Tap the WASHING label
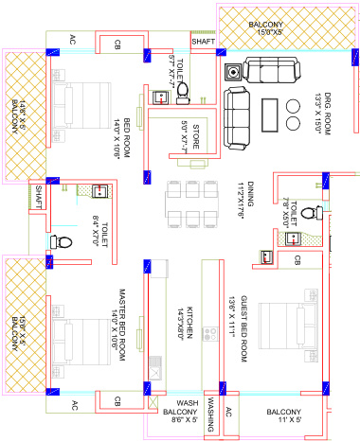tap(214, 414)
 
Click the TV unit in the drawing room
tap(231, 72)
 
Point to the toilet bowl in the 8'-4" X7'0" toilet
tap(63, 241)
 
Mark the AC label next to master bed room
tap(75, 404)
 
